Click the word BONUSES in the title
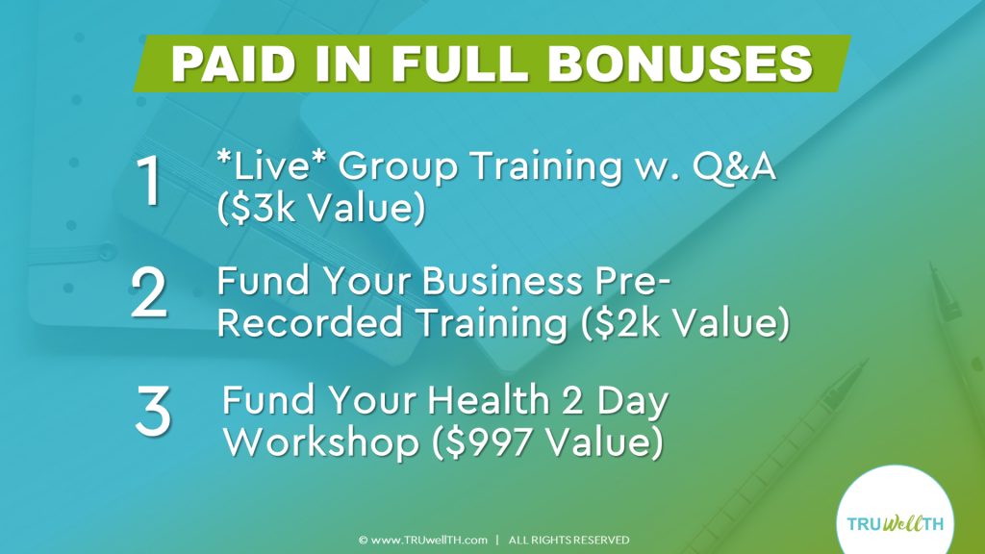681,63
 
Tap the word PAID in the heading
234,63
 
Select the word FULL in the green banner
459,63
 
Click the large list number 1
149,180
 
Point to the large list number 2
149,292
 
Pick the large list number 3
153,411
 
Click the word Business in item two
502,281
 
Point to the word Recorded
310,323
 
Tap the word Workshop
321,442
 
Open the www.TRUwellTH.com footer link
423,540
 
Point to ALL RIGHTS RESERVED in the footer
568,540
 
